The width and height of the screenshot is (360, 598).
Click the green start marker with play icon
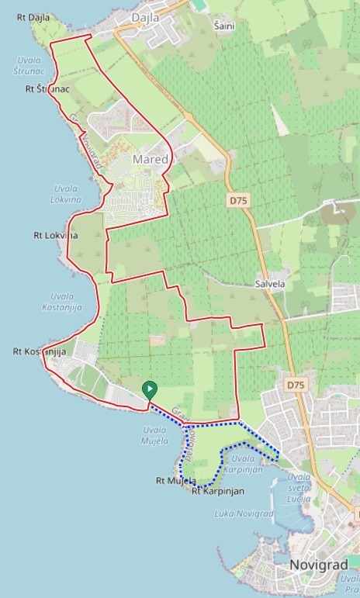tap(149, 390)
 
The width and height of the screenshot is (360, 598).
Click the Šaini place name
tap(224, 26)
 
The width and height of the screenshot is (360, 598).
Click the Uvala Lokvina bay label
tap(67, 194)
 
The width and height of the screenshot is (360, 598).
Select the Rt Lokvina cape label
tap(56, 234)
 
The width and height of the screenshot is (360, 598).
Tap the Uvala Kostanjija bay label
tap(71, 302)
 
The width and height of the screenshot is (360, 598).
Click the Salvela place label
tap(271, 284)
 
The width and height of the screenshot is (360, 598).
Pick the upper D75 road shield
tap(238, 200)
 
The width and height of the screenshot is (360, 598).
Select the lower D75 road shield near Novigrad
tap(295, 384)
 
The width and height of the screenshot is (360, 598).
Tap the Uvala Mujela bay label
tap(155, 436)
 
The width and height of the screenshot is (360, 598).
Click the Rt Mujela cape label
tap(174, 481)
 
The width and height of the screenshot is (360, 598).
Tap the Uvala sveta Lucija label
tap(298, 488)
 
